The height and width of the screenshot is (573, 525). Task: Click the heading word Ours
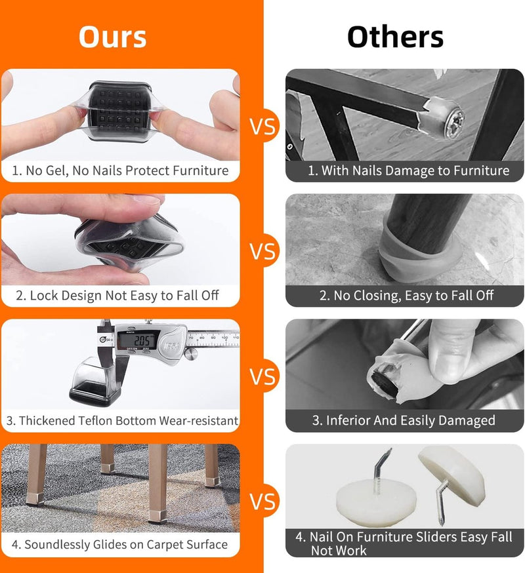[113, 37]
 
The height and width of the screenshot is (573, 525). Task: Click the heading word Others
[396, 37]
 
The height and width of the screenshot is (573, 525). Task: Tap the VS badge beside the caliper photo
[262, 376]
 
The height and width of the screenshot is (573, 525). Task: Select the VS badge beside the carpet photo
[262, 501]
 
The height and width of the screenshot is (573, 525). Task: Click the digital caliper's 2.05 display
[138, 340]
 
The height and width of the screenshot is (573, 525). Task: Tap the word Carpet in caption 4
[165, 545]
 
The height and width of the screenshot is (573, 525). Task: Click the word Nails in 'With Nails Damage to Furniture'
[366, 170]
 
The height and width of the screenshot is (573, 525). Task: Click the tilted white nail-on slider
[452, 475]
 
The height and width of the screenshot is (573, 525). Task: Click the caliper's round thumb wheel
[192, 355]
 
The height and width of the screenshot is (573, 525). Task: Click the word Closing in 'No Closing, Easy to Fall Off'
[376, 296]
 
